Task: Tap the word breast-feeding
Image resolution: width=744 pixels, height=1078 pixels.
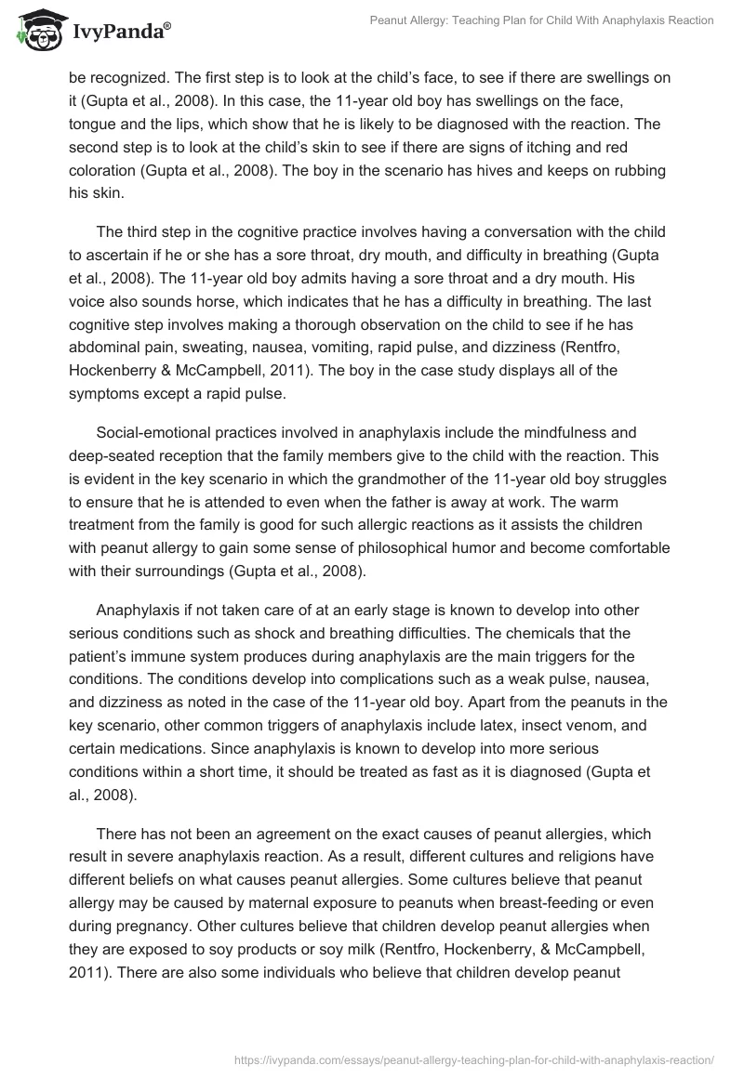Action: pyautogui.click(x=531, y=881)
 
